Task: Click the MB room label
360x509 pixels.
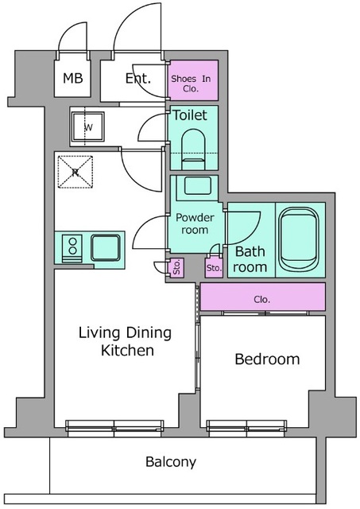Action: (x=72, y=78)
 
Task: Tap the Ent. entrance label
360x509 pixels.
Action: (x=138, y=78)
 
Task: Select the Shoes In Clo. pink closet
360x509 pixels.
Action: (x=193, y=80)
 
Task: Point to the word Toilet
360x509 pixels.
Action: (x=189, y=115)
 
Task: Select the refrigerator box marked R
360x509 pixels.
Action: (x=75, y=172)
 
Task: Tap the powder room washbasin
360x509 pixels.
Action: (x=197, y=186)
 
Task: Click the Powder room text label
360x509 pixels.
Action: (x=195, y=223)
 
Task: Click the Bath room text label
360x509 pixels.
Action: (x=250, y=259)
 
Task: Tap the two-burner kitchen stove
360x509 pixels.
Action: (x=72, y=248)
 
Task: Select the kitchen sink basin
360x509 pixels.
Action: (x=106, y=247)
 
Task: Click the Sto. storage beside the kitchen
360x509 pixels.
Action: (x=176, y=268)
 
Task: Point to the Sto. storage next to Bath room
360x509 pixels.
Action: (x=214, y=268)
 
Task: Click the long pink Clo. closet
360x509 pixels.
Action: (x=263, y=297)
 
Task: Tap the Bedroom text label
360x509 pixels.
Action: (x=267, y=359)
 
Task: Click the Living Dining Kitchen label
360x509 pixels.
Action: (x=126, y=341)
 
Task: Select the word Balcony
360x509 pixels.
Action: (x=171, y=461)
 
